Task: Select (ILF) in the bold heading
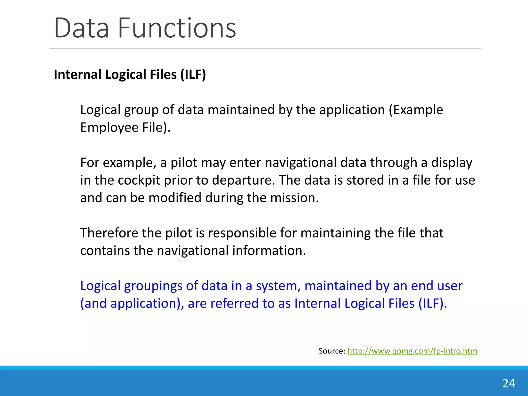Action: pyautogui.click(x=193, y=75)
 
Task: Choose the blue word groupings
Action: pyautogui.click(x=153, y=286)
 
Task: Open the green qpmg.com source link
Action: pyautogui.click(x=412, y=351)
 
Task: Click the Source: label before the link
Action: pyautogui.click(x=332, y=351)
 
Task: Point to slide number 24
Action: pyautogui.click(x=509, y=383)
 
